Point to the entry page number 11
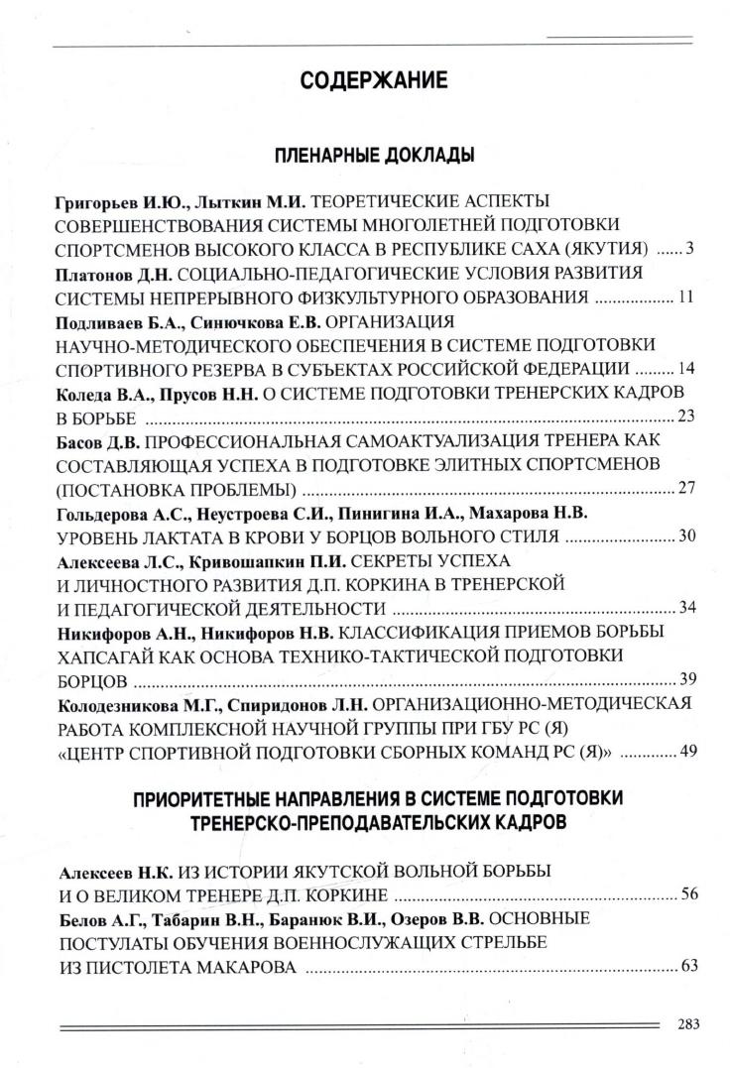click(x=683, y=297)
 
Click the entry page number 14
click(x=683, y=369)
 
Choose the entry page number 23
click(x=683, y=416)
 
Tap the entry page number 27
click(x=683, y=489)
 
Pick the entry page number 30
click(x=683, y=536)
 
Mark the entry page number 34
click(x=683, y=608)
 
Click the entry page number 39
click(x=683, y=680)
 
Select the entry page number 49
click(x=683, y=753)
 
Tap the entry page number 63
click(x=683, y=967)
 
